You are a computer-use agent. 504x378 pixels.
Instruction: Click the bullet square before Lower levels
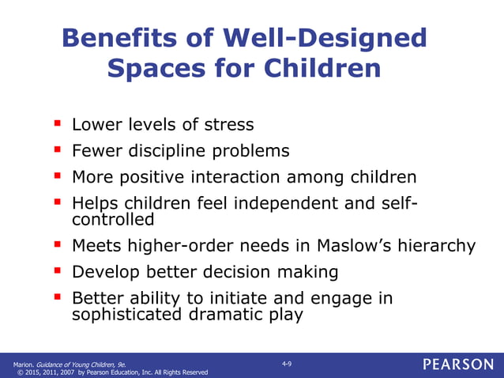[57, 123]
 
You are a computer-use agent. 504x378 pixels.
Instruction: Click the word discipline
[169, 151]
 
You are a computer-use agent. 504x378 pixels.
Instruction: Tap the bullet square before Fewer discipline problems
[57, 149]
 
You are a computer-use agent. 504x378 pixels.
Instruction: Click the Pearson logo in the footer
[457, 365]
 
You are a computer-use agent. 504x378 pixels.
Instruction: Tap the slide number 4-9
[287, 363]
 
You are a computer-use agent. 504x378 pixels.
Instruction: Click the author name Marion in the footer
[24, 364]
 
